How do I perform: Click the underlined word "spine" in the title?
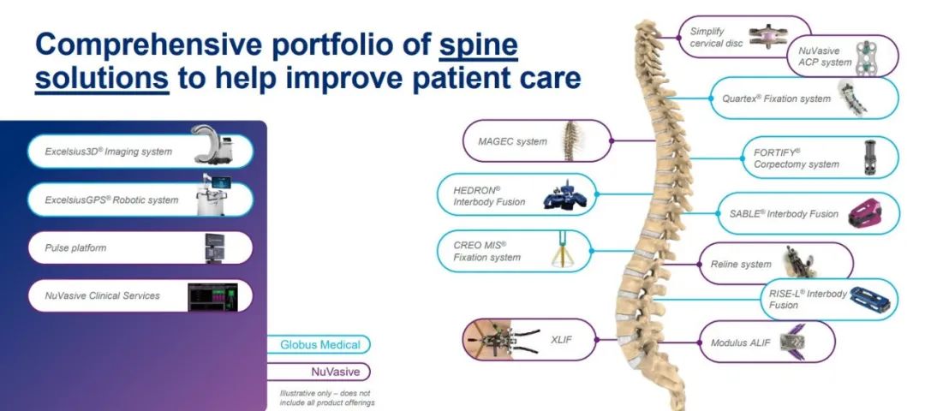click(479, 45)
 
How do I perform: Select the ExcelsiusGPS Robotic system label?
click(111, 200)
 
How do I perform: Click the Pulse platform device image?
click(215, 247)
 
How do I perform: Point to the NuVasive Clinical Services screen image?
click(212, 296)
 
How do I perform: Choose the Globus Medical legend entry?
click(319, 344)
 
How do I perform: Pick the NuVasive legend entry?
click(319, 372)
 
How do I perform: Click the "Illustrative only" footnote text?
click(327, 398)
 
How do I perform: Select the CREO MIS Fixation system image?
click(563, 251)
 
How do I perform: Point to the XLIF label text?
click(561, 340)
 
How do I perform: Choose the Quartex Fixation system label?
click(776, 98)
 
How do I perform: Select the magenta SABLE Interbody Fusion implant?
click(865, 213)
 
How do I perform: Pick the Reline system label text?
click(740, 265)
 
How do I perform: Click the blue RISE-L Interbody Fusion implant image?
click(871, 300)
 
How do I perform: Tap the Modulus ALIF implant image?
click(792, 342)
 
